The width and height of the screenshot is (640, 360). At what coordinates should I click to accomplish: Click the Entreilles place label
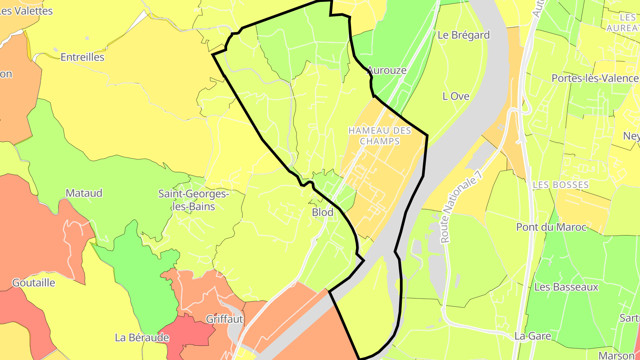tap(82, 57)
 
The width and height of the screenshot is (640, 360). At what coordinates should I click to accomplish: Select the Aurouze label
tap(387, 70)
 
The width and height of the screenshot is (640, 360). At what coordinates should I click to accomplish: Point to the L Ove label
tap(456, 96)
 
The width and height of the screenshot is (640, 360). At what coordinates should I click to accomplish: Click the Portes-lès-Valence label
tap(595, 78)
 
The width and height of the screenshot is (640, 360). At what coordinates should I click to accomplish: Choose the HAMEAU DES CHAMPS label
tap(380, 136)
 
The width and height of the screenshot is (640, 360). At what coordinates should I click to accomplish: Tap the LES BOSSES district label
tap(561, 184)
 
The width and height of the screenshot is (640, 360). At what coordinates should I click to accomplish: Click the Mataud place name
tap(84, 193)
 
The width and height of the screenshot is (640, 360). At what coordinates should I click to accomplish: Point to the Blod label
tap(323, 212)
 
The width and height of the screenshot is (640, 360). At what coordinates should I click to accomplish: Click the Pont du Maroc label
tap(551, 227)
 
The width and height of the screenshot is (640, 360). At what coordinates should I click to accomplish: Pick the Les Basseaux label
tap(566, 287)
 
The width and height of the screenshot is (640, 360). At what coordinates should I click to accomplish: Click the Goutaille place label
tap(34, 283)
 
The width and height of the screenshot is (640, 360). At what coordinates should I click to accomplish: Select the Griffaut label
tap(224, 319)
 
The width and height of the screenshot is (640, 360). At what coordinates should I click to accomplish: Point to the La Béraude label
tap(142, 338)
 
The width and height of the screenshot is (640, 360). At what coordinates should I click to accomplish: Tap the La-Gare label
tap(532, 336)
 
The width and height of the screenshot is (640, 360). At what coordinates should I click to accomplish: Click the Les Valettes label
tap(27, 11)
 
